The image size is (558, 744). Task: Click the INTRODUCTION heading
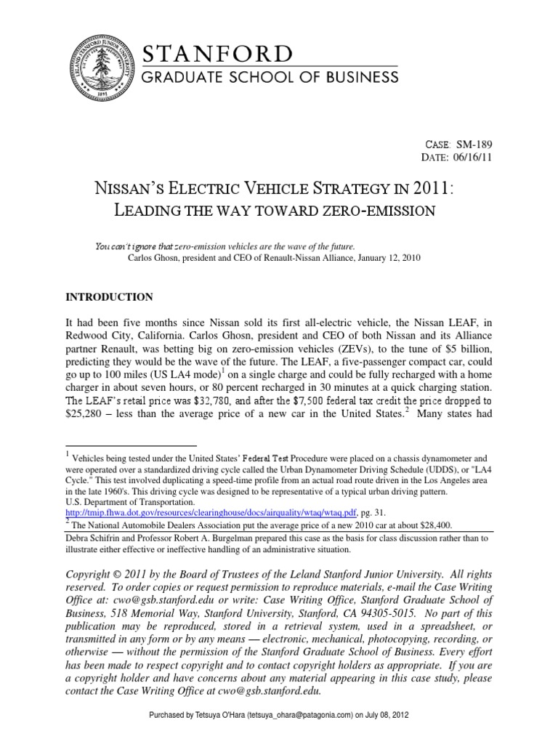(x=110, y=297)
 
